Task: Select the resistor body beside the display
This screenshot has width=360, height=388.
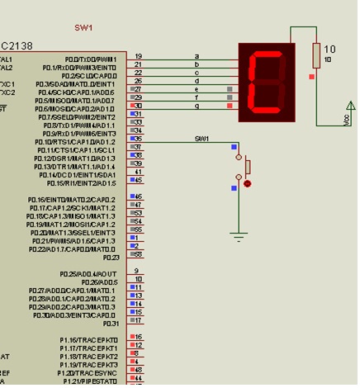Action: (315, 56)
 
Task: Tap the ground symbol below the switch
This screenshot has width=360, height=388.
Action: (239, 237)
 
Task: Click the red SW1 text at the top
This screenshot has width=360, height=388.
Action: (83, 27)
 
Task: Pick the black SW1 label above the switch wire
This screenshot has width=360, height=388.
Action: (201, 138)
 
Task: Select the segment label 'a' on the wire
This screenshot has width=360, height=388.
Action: (197, 56)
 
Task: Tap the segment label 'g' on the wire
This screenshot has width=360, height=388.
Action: (197, 106)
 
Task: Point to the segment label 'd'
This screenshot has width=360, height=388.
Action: (197, 81)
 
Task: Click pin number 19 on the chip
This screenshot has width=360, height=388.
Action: (138, 56)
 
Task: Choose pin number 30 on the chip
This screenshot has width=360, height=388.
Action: (138, 106)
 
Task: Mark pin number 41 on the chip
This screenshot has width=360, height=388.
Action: (138, 172)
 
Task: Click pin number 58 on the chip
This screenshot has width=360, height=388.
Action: (138, 248)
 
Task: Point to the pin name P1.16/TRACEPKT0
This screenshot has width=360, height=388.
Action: (89, 339)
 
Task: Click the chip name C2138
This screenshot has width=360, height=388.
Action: (17, 45)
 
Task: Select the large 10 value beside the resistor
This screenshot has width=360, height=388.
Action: (330, 50)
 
